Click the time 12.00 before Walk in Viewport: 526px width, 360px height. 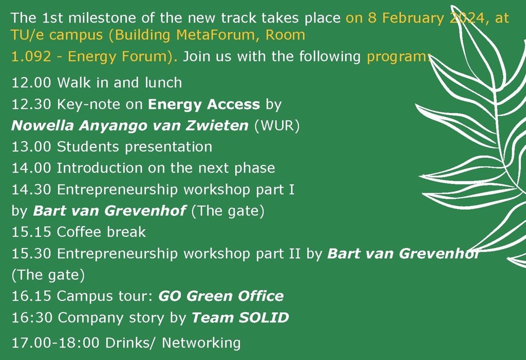coord(31,83)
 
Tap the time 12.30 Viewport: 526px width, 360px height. coord(31,104)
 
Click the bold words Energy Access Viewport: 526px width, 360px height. coord(204,104)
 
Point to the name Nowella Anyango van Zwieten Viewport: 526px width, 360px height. coord(130,125)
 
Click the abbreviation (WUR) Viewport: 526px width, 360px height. coord(277,126)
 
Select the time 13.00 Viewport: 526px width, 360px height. coord(31,147)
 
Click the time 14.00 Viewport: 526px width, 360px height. coord(31,168)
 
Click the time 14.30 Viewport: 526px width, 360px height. coord(31,190)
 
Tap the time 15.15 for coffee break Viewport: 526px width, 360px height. coord(31,232)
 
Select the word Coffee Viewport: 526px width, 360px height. coord(79,232)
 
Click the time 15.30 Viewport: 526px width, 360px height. coord(31,254)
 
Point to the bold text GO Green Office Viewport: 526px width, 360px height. coord(221,296)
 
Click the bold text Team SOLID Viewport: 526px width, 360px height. coord(240,318)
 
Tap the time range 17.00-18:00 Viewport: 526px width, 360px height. coord(55,343)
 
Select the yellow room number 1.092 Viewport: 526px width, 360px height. coord(31,56)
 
